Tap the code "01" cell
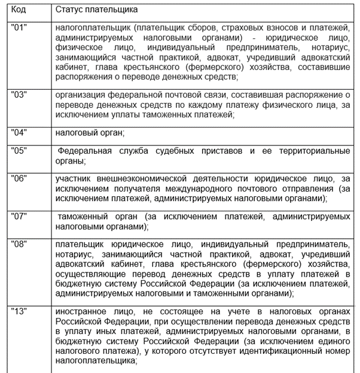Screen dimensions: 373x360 click(x=20, y=28)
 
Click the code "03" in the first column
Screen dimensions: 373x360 click(x=20, y=95)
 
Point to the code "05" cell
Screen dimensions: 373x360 click(x=20, y=151)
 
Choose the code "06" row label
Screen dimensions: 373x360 click(x=20, y=178)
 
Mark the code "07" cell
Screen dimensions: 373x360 click(x=20, y=214)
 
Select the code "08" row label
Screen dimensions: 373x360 click(x=20, y=244)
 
